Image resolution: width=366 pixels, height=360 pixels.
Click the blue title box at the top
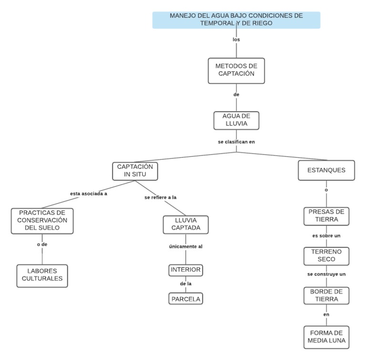click(236, 20)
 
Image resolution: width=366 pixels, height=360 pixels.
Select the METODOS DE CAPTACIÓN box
click(236, 70)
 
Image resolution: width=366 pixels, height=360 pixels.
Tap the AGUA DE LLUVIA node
click(236, 120)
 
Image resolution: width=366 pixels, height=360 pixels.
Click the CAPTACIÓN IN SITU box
click(135, 171)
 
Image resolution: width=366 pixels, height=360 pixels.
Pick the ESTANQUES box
click(326, 170)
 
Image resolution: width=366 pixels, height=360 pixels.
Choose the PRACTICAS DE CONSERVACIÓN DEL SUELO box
click(42, 220)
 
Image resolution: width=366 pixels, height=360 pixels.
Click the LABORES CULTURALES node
click(42, 275)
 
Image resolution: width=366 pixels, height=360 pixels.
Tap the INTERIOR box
click(186, 270)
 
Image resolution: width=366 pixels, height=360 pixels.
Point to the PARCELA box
click(186, 299)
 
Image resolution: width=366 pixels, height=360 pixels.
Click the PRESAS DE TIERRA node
click(326, 216)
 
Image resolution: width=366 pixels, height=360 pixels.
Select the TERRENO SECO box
click(326, 256)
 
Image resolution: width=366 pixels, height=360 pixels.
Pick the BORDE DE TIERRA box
click(326, 295)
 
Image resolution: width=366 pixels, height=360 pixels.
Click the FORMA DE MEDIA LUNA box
click(326, 337)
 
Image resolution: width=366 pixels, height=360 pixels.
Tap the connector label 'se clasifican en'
click(236, 142)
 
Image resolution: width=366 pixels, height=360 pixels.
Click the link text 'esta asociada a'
click(88, 194)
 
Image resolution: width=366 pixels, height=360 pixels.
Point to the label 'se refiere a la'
click(161, 197)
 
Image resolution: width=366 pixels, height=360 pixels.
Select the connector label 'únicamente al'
click(186, 247)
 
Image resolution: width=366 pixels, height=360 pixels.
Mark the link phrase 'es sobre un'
click(326, 236)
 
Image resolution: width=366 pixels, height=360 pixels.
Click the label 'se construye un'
click(326, 274)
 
